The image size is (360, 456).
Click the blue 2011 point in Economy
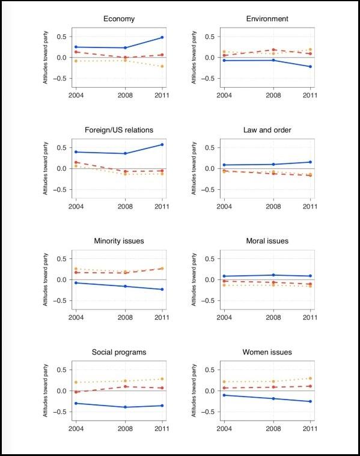click(162, 37)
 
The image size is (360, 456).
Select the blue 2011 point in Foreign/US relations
click(162, 144)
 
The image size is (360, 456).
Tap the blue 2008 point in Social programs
click(125, 407)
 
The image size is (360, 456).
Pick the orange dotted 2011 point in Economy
click(162, 66)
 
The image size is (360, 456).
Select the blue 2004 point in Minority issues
click(75, 282)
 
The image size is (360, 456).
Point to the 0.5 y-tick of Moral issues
click(209, 259)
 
